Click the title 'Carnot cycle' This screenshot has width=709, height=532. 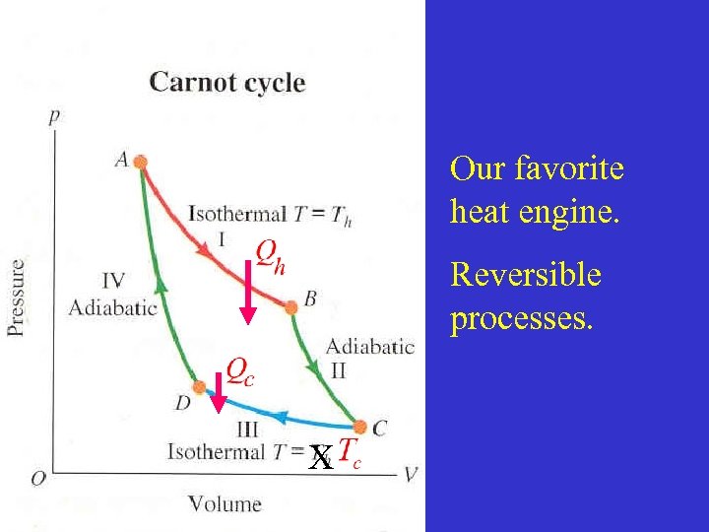[226, 82]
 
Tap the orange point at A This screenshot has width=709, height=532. [141, 162]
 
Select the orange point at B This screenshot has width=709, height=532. [290, 307]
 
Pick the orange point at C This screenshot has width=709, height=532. [360, 427]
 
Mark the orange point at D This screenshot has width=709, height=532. [199, 387]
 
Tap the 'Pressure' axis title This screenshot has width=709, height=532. [18, 297]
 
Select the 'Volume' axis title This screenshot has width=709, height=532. [225, 503]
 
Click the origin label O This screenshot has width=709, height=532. [37, 478]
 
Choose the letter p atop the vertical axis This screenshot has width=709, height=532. [53, 116]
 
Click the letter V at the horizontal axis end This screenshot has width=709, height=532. [410, 474]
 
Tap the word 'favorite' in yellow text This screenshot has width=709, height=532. [569, 168]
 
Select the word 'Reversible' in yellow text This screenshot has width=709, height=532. [525, 275]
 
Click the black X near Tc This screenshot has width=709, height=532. [320, 456]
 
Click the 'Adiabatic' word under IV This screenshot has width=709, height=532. [112, 306]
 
